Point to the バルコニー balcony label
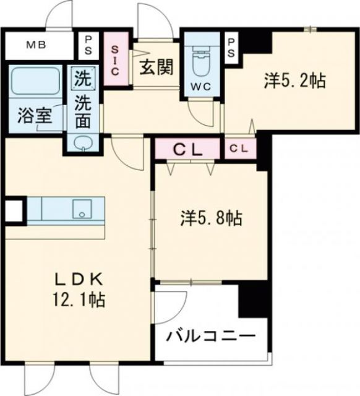point(210,337)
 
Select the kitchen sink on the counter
point(81,209)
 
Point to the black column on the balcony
point(252,297)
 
